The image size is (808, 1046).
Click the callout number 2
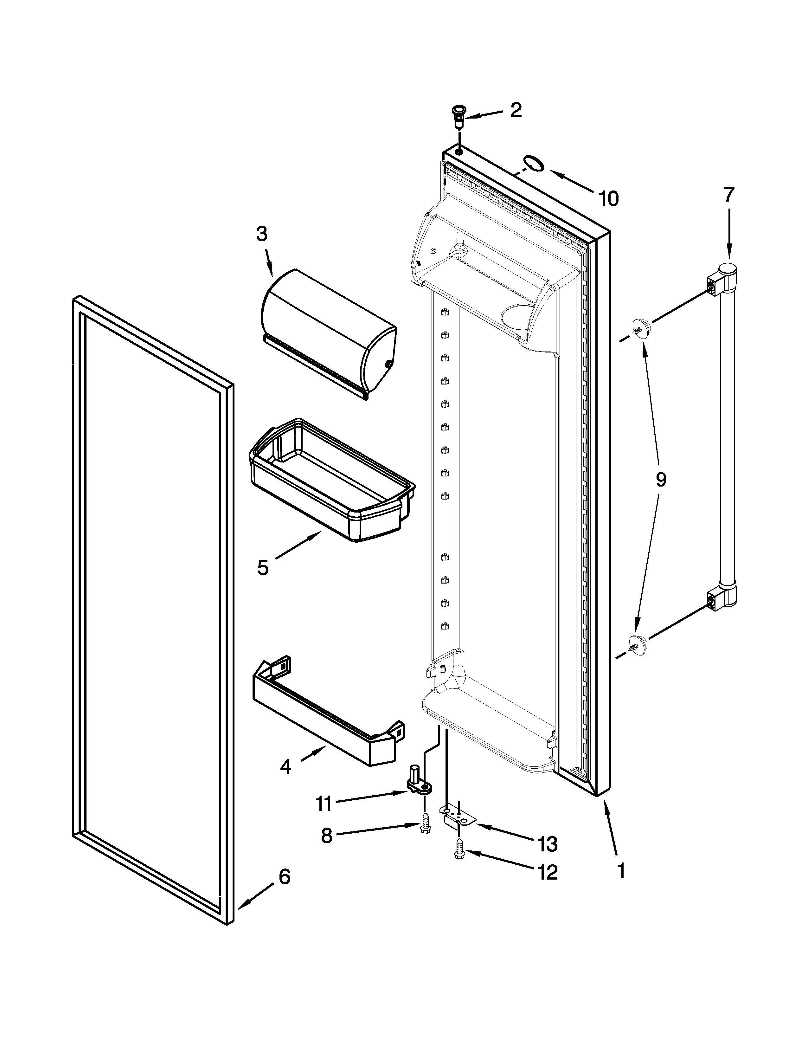click(516, 111)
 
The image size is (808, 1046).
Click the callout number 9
click(661, 479)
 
